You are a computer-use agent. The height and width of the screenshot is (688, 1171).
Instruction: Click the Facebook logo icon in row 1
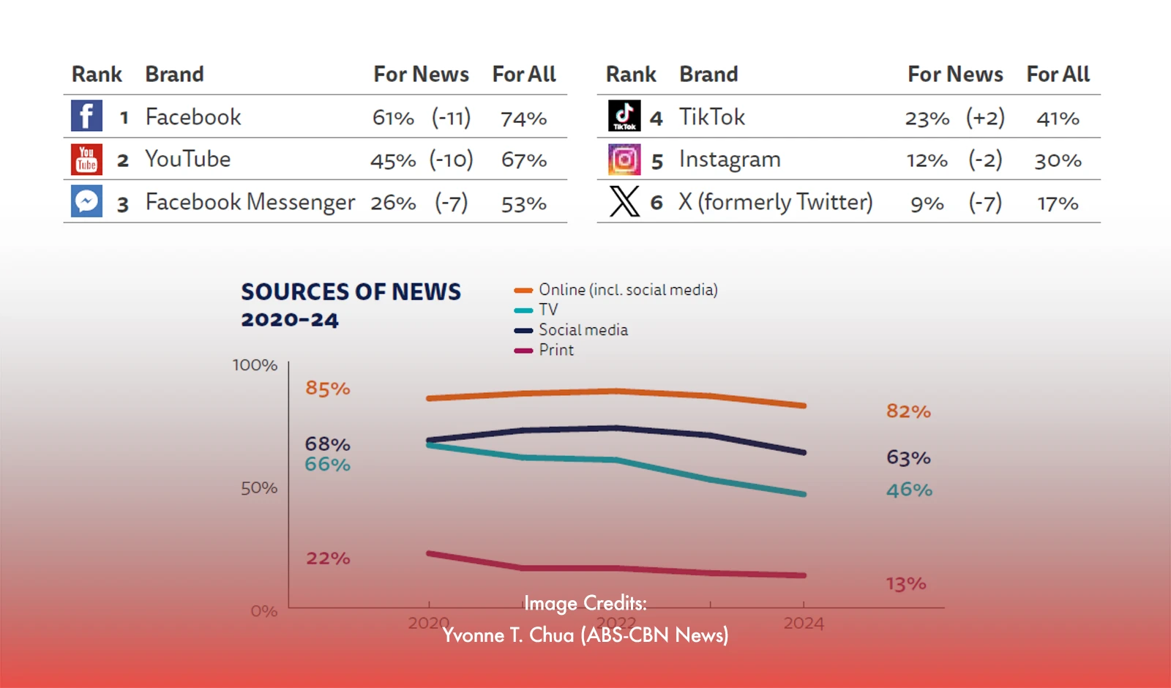(86, 116)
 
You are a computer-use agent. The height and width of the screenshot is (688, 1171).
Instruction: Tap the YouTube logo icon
(86, 159)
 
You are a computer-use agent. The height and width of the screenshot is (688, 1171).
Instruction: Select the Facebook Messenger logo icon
(86, 201)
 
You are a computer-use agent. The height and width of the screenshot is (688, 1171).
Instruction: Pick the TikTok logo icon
(624, 116)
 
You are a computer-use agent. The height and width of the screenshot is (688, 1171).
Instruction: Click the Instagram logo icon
(624, 159)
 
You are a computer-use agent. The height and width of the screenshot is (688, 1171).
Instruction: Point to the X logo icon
(624, 201)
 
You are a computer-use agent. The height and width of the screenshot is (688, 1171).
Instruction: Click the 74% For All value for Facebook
(523, 119)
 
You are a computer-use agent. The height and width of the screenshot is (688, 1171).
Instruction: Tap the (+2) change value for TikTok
(985, 118)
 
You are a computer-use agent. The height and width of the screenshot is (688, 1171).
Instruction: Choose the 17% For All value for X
(1058, 203)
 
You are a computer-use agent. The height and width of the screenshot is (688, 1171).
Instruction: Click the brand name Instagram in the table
(730, 160)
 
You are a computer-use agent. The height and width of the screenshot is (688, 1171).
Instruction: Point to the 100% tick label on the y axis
(255, 365)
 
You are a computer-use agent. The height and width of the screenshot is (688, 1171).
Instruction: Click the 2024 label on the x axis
(804, 624)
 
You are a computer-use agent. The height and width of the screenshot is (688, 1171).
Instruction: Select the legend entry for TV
(547, 310)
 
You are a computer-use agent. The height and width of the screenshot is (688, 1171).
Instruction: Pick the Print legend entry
(555, 350)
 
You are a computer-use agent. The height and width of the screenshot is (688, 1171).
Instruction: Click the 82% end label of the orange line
(908, 411)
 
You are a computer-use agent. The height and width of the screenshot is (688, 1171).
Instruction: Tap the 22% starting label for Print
(328, 558)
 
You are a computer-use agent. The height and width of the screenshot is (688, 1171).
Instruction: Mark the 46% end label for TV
(909, 490)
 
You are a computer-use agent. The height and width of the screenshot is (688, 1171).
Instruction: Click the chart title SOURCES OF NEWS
(351, 292)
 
